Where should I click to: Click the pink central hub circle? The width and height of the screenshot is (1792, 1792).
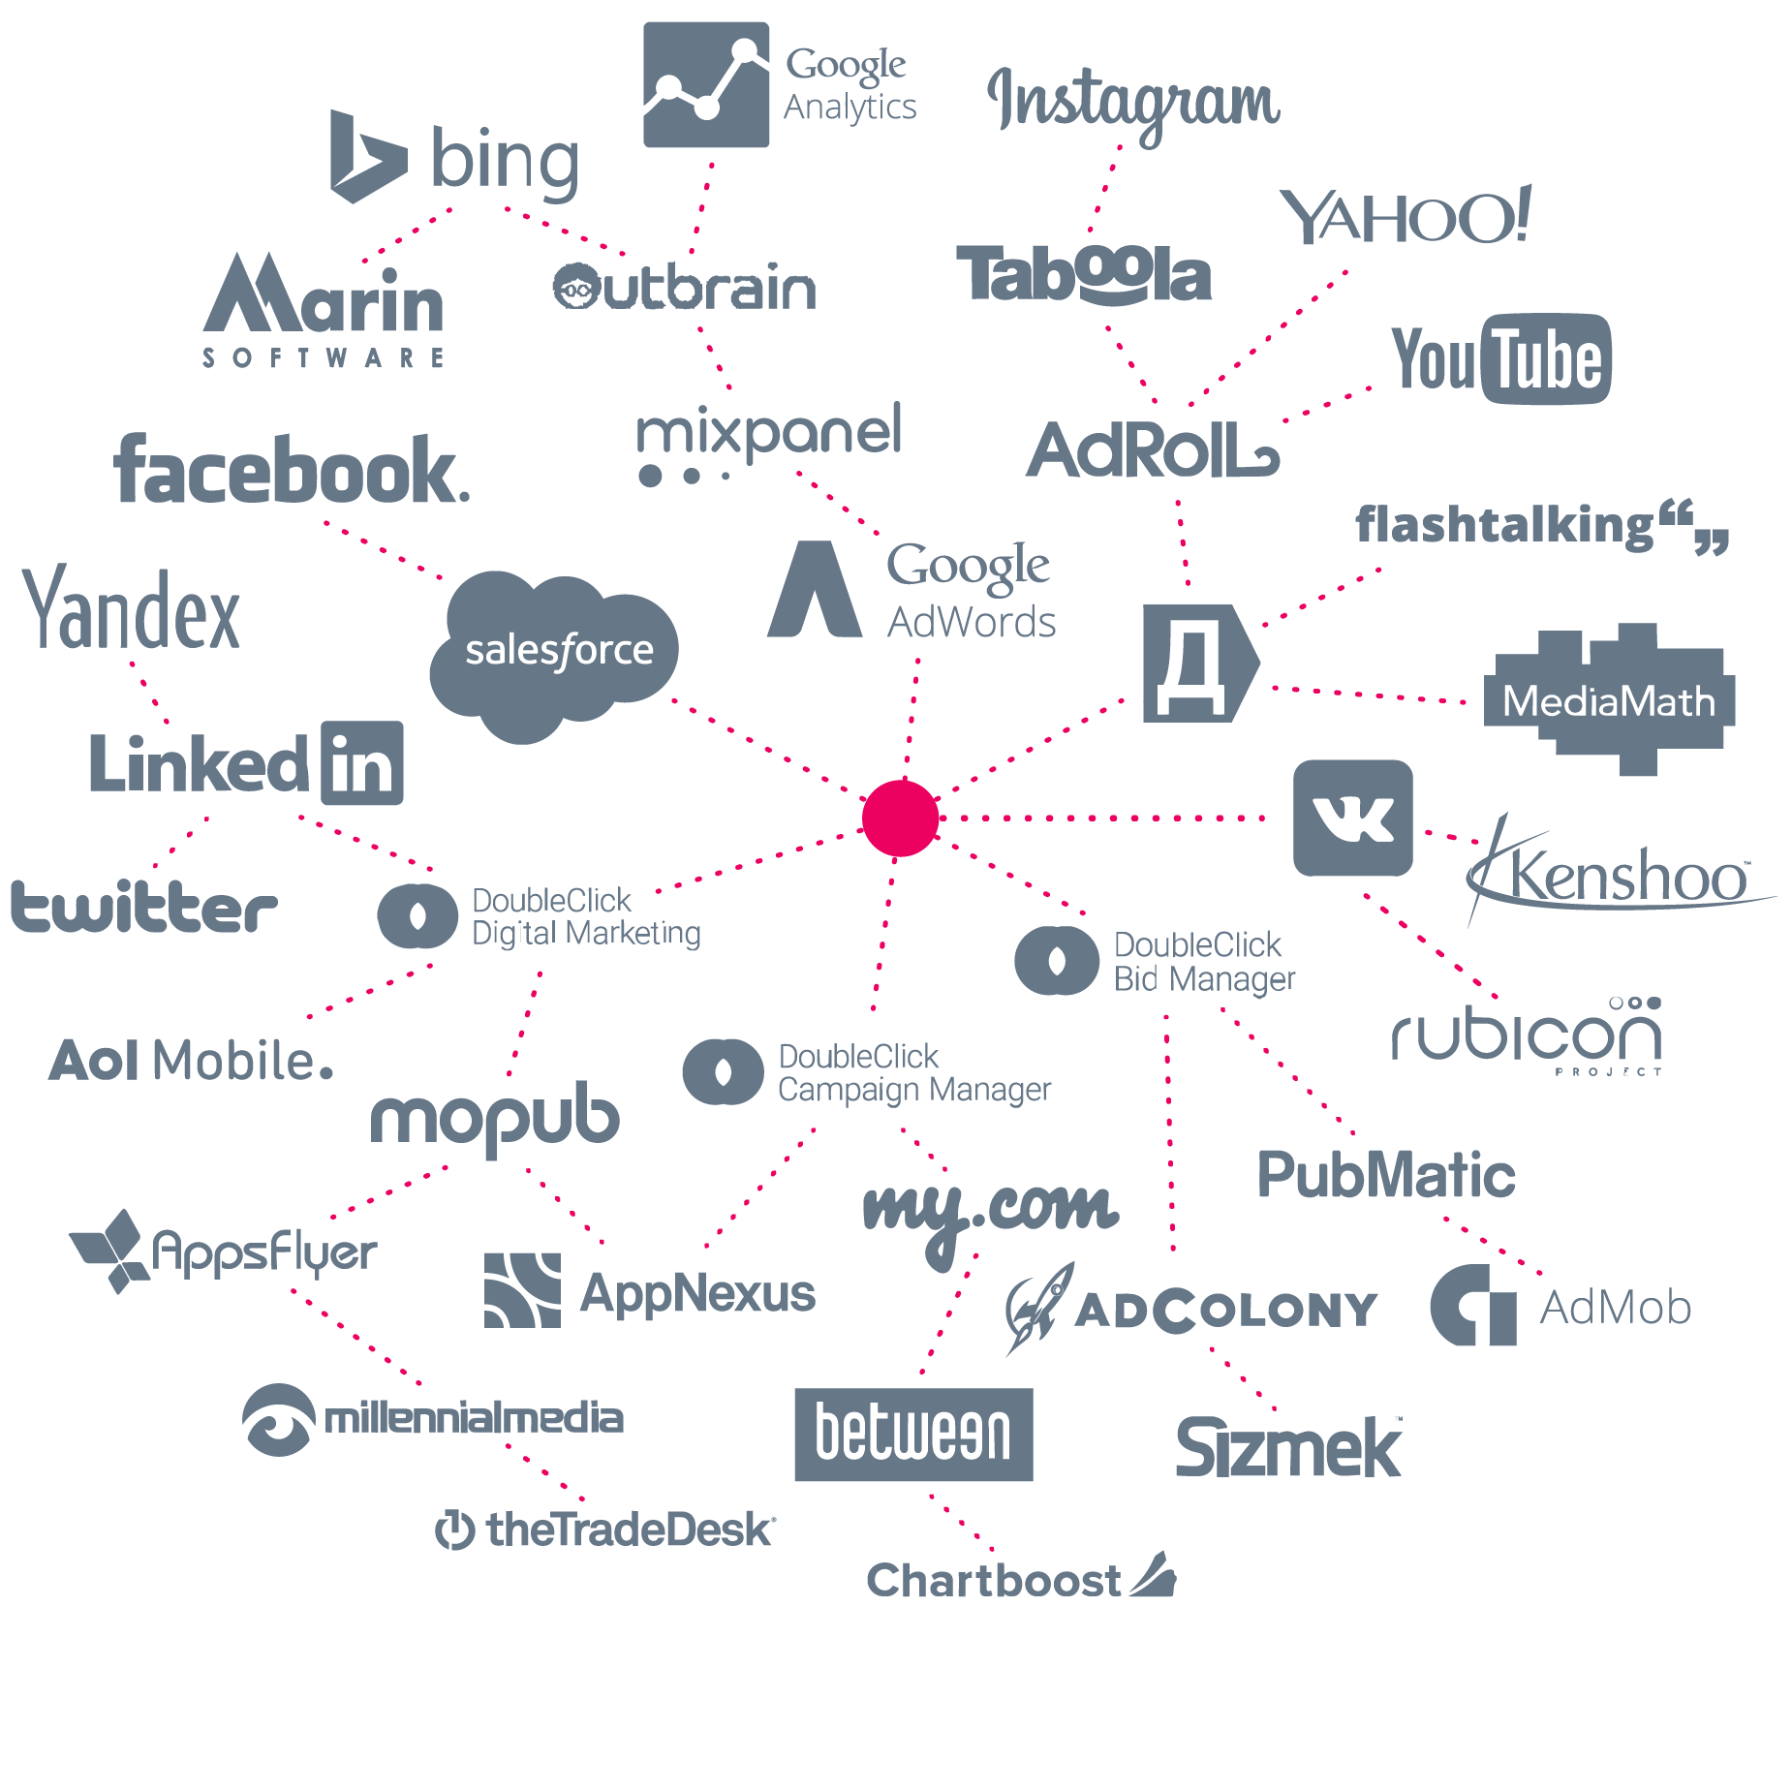coord(901,819)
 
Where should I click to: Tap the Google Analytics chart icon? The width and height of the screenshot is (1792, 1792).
coord(706,85)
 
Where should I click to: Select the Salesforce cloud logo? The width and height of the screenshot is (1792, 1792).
coord(554,652)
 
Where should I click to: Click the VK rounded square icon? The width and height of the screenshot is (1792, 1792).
coord(1352,819)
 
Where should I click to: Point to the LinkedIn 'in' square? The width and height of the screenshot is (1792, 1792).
coord(361,763)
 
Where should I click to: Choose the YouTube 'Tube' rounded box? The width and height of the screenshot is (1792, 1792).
coord(1546,358)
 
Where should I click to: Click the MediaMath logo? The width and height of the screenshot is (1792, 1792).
coord(1609,700)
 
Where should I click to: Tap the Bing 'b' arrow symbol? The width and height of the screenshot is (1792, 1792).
coord(363,158)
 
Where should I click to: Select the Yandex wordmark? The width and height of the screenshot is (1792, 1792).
coord(132,610)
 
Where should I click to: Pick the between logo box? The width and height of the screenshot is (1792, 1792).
coord(912,1435)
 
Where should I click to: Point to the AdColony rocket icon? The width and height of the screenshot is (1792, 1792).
coord(1038,1308)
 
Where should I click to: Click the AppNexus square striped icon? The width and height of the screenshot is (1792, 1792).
coord(522,1290)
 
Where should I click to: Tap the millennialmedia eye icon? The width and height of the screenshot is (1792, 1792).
coord(278,1419)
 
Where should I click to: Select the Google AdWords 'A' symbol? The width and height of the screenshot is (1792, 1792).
coord(815,591)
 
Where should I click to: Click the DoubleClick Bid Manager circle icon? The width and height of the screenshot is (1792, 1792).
coord(1057,961)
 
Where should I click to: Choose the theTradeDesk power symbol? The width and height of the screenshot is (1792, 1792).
coord(454,1530)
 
